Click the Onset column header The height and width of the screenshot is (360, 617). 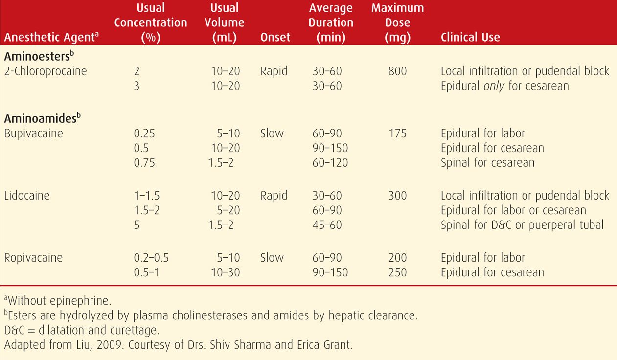tap(275, 37)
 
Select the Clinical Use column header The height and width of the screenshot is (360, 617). tap(470, 37)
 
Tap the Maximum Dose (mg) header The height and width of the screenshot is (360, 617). tap(397, 22)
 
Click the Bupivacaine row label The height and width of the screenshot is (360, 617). tap(33, 133)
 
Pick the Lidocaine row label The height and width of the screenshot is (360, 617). tap(27, 196)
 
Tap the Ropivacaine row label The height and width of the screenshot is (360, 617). tap(33, 258)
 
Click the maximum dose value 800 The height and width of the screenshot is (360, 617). tap(397, 71)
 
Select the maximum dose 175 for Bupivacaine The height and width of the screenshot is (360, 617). tap(397, 133)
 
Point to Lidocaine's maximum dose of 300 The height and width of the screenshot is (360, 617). tap(397, 196)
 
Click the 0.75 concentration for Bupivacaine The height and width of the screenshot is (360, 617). tap(144, 162)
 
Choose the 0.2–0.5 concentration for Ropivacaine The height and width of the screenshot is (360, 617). tap(151, 258)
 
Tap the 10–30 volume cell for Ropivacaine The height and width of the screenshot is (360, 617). tap(226, 272)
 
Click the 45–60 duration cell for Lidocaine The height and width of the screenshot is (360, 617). tap(327, 225)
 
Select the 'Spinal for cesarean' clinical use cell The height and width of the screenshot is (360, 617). tap(487, 162)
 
